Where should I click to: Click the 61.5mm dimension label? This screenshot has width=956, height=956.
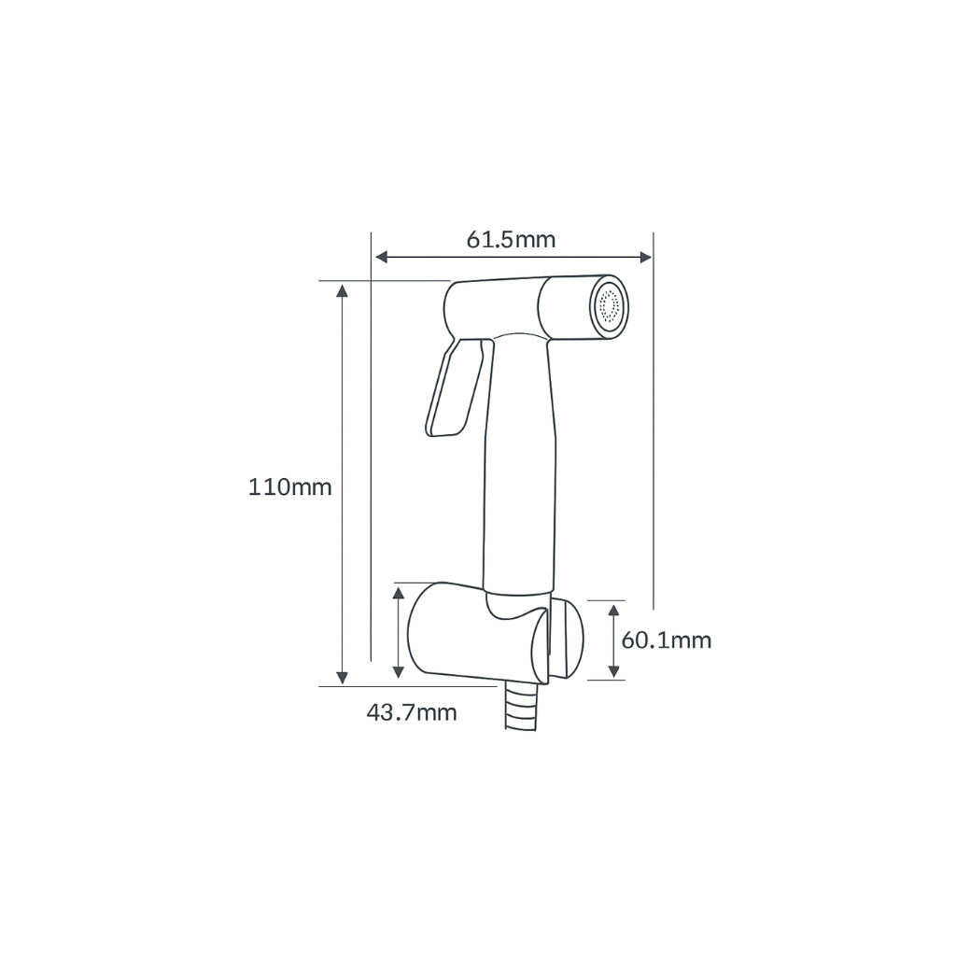pyautogui.click(x=511, y=240)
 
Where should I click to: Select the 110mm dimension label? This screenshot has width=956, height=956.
pyautogui.click(x=289, y=486)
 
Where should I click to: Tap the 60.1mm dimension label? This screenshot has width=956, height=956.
pyautogui.click(x=666, y=640)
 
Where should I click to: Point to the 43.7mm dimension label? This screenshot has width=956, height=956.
pyautogui.click(x=412, y=713)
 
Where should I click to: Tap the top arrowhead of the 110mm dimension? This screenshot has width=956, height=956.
pyautogui.click(x=343, y=290)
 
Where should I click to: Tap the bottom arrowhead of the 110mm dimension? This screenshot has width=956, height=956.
pyautogui.click(x=343, y=676)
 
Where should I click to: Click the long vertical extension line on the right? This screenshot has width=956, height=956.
pyautogui.click(x=653, y=420)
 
